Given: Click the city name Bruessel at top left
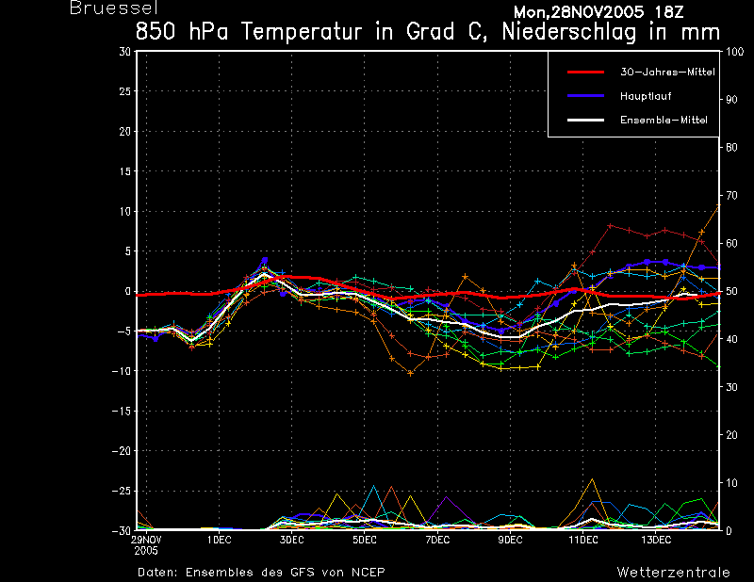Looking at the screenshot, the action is click(113, 8).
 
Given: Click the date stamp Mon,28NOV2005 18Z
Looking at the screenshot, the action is click(598, 12).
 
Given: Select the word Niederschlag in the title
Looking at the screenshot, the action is click(569, 32).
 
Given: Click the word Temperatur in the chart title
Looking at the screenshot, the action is click(302, 32).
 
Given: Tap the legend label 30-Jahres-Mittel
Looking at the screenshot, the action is click(667, 73).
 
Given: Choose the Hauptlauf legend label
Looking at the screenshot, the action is click(646, 96).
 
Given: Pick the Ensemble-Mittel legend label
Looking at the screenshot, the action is click(664, 121).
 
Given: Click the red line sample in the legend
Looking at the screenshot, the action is click(585, 73).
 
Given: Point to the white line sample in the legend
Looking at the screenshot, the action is click(585, 120).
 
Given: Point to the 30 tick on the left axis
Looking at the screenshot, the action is click(125, 52).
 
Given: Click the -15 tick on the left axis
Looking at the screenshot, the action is click(122, 411).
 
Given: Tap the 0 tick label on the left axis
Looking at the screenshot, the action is click(127, 291).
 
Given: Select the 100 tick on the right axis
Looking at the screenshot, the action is click(734, 52).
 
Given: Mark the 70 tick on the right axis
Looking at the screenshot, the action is click(731, 195).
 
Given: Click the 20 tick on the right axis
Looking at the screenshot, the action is click(731, 435).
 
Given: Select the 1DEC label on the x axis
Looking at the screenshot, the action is click(220, 540).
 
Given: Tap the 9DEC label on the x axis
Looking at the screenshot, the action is click(510, 540).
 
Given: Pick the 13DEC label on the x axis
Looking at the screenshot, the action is click(656, 540).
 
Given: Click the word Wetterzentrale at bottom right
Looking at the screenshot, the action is click(673, 573).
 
